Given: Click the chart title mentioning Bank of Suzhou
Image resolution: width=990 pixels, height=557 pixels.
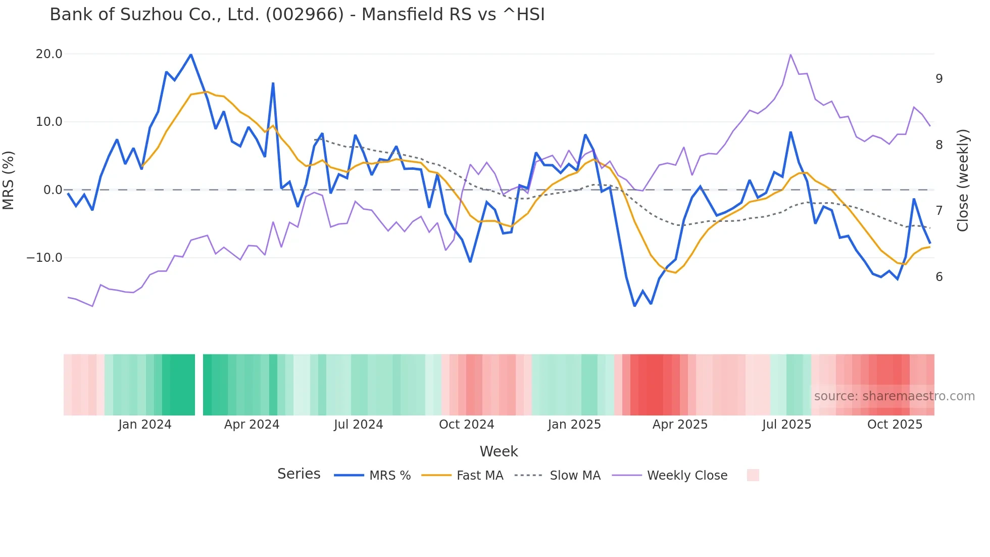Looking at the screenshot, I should point(297,15).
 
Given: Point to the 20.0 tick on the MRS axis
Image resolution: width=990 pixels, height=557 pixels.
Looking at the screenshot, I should point(49,54).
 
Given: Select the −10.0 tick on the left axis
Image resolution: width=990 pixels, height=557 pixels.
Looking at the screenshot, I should point(45,258).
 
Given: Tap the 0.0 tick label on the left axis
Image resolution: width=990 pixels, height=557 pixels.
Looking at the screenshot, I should point(53,190).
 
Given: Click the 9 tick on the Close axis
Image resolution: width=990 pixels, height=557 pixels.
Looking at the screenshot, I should point(939,79).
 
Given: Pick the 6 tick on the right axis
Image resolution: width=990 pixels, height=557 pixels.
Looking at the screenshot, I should point(939,277).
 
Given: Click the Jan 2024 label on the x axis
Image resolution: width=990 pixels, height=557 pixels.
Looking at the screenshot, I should point(145,425).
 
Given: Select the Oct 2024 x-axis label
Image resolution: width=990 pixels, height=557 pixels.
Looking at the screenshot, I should point(466,425).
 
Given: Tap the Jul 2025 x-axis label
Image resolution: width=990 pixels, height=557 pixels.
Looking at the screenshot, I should point(786,425).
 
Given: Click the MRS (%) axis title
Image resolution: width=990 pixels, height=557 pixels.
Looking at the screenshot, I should point(9,180).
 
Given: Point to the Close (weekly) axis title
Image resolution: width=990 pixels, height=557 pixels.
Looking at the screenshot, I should point(963,180).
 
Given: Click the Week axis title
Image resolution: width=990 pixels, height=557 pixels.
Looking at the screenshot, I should point(499,451).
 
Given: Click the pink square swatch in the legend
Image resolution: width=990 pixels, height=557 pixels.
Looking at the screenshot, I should point(753,475).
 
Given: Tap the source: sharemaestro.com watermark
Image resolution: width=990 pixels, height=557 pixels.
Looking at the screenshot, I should point(894,396).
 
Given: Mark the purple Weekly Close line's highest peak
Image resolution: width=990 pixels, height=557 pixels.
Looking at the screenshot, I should point(790,55).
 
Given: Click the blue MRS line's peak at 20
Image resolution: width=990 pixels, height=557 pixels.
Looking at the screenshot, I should point(190,55).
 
